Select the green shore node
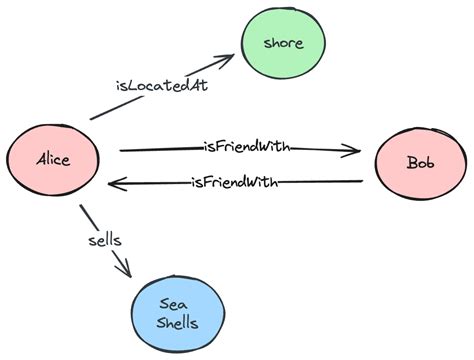(x=282, y=44)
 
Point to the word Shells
(x=179, y=322)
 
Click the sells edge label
(x=105, y=242)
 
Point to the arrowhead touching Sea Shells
(x=125, y=268)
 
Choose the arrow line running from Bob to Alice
(x=320, y=182)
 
